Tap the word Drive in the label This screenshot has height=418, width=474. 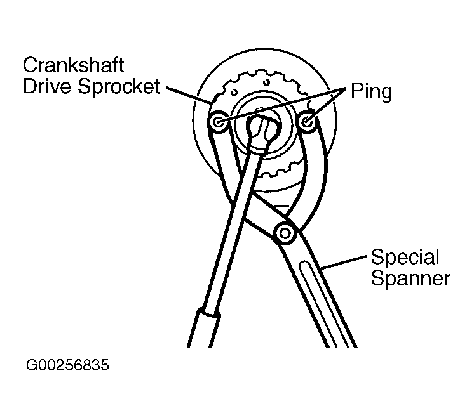[46, 87]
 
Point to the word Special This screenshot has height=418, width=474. [405, 258]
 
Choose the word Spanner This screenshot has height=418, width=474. [410, 278]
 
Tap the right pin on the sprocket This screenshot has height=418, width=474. [309, 121]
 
